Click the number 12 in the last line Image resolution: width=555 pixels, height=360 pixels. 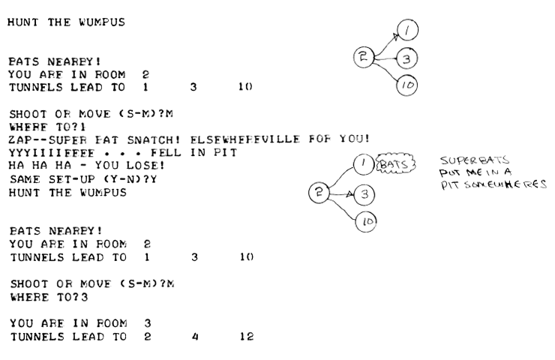(246, 337)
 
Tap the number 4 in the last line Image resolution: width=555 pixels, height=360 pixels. (193, 337)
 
